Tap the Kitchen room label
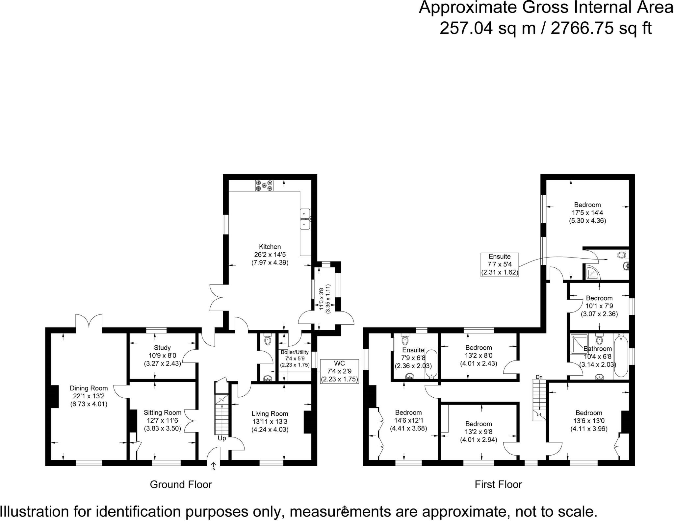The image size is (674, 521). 270,247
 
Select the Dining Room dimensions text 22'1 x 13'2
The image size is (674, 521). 89,396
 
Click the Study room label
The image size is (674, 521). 162,348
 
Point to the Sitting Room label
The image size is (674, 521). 162,412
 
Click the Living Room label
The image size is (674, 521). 270,414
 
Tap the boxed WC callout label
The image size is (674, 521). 339,363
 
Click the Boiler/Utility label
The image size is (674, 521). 295,352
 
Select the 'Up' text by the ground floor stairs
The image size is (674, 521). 222,438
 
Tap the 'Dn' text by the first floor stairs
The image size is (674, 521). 539,377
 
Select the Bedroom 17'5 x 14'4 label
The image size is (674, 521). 587,205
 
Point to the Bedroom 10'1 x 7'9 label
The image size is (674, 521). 599,298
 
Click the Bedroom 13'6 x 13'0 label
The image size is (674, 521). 589,413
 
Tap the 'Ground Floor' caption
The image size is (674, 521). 181,484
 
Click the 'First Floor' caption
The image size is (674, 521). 498,484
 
